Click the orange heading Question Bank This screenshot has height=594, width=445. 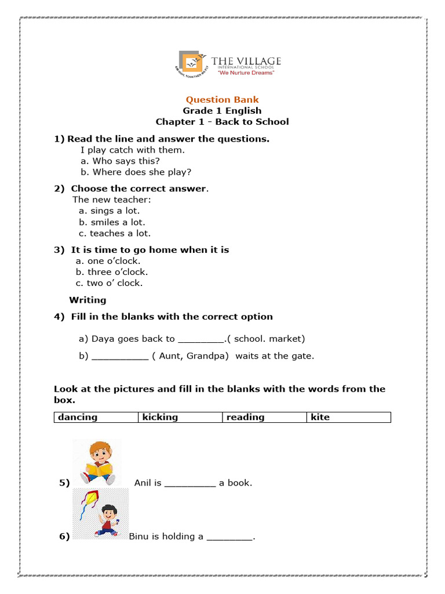pos(222,100)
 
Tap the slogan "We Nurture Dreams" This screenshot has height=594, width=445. pos(246,73)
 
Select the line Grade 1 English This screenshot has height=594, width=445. pos(222,111)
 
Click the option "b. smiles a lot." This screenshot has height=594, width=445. pos(112,222)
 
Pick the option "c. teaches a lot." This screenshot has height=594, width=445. pos(114,233)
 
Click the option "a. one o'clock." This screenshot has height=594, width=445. pos(108,261)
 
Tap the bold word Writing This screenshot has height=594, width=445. pos(87,300)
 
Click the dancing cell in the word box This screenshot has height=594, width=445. pos(96,417)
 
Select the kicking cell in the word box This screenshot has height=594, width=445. pos(180,417)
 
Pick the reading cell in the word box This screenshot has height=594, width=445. pos(264,417)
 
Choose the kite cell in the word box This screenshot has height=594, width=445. pos(349,417)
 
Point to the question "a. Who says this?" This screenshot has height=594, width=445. pos(120,161)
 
